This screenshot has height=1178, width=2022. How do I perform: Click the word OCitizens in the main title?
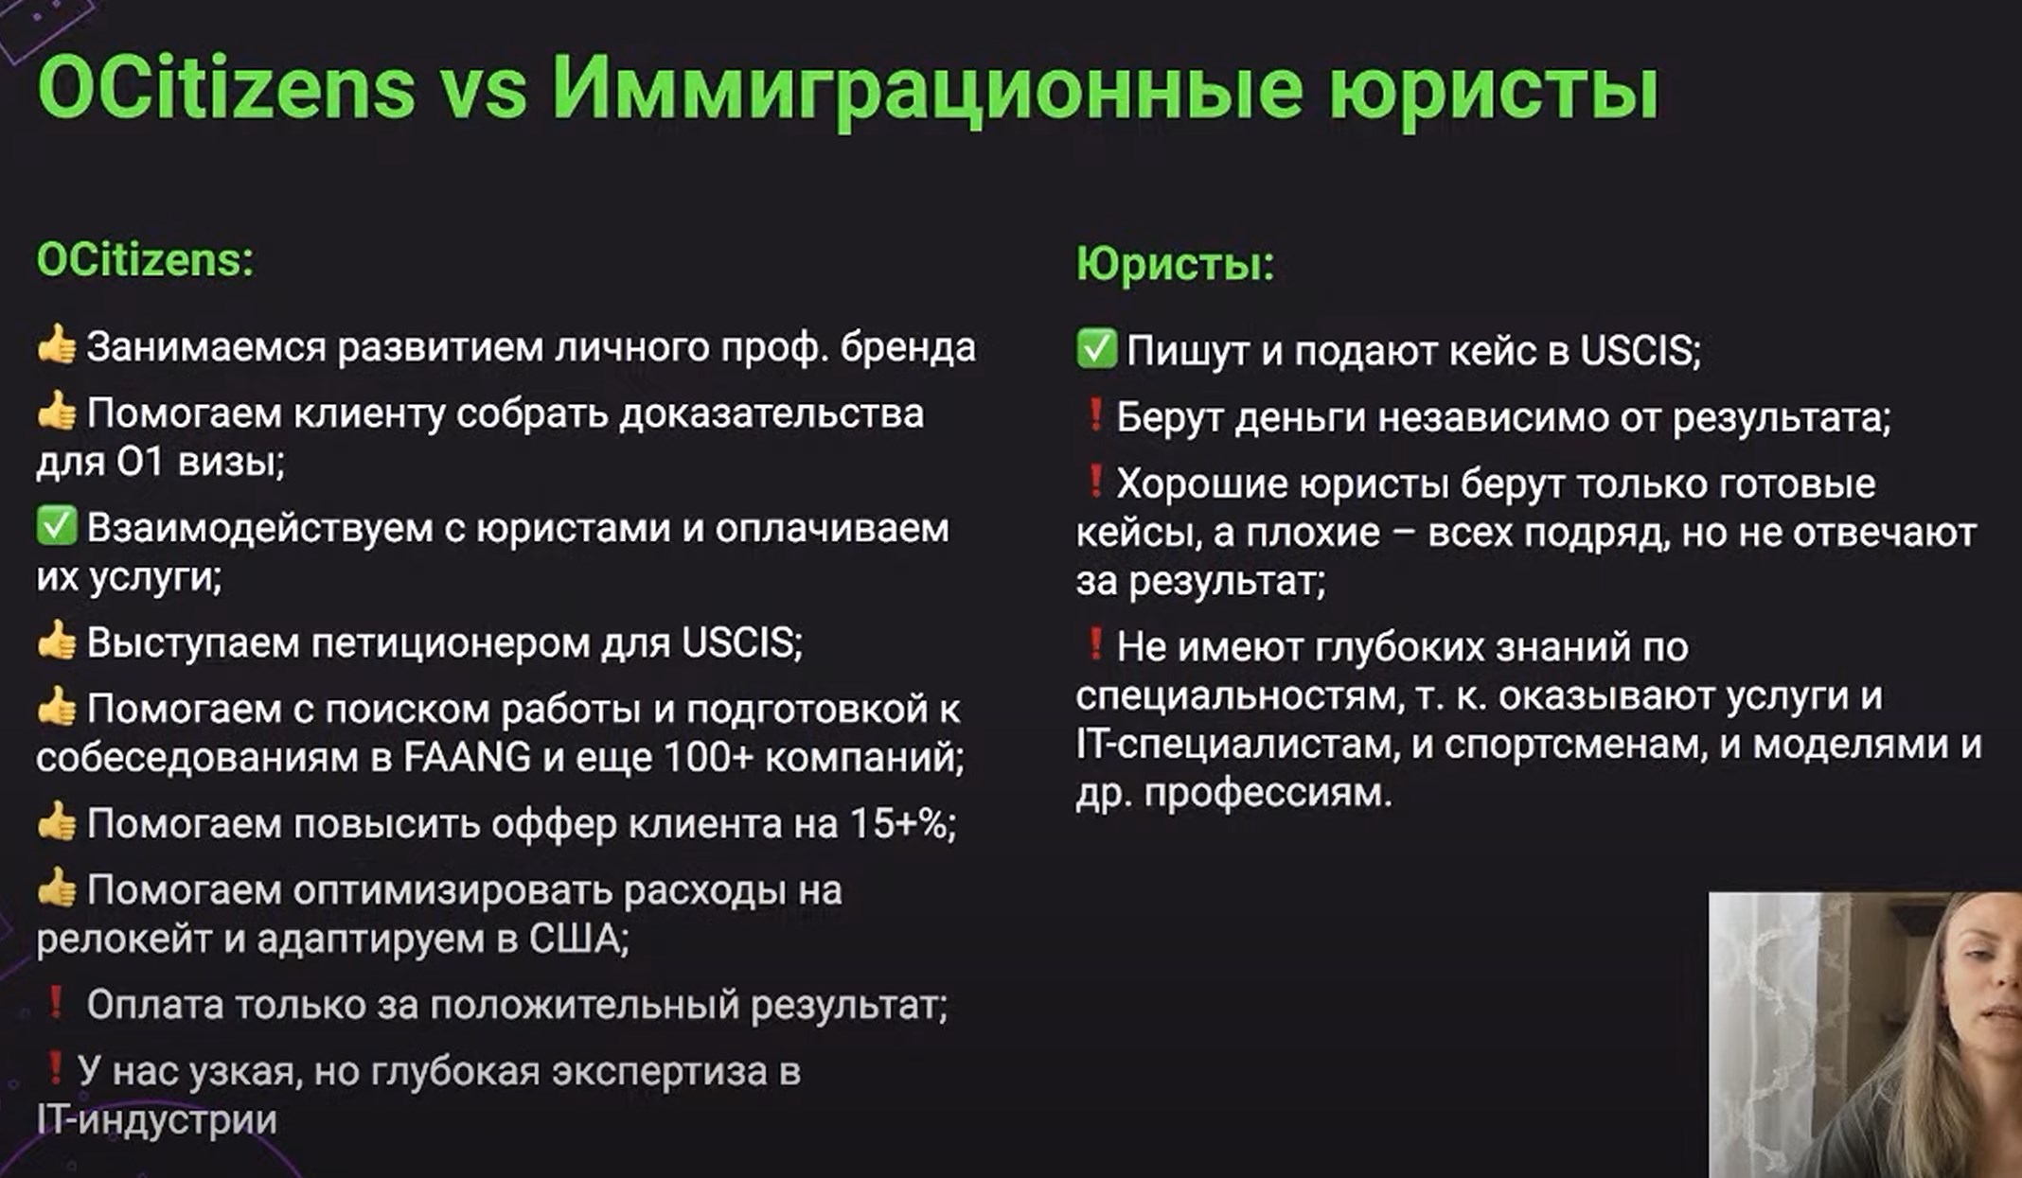click(226, 89)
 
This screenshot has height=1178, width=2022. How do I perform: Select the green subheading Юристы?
click(1175, 264)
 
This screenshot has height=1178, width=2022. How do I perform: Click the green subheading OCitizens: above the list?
click(145, 260)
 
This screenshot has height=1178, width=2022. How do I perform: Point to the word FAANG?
click(467, 758)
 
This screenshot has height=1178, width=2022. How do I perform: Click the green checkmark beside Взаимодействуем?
click(57, 526)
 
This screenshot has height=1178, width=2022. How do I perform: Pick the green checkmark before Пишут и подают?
click(1096, 349)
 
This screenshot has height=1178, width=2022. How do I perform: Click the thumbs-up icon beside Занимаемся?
click(57, 345)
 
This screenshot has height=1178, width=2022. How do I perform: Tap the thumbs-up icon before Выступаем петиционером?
click(57, 641)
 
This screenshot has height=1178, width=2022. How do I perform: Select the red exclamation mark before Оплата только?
click(56, 1002)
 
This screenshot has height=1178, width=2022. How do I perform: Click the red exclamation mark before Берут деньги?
click(1094, 414)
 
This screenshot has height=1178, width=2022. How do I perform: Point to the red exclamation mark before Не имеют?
click(1094, 644)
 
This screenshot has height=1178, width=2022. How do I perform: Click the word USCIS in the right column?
click(1640, 351)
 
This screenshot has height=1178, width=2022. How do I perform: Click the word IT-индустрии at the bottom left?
click(157, 1120)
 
